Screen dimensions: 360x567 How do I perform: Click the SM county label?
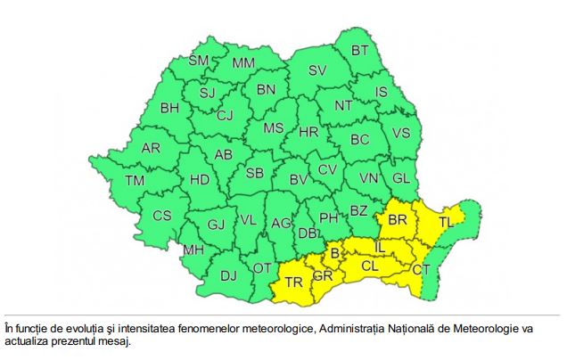click(198, 61)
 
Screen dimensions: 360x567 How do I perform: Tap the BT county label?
click(359, 51)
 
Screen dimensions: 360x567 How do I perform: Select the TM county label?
click(135, 181)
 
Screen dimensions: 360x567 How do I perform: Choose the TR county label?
click(293, 282)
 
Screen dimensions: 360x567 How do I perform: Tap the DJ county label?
click(228, 275)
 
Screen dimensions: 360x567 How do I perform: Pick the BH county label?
click(169, 109)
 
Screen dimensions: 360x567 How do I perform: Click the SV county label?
click(317, 70)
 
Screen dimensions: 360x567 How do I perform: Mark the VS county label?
click(401, 134)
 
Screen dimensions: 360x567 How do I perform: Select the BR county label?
click(398, 218)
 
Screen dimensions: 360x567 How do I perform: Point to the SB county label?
click(255, 173)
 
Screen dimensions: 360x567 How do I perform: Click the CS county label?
click(161, 215)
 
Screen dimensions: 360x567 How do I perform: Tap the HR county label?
click(308, 132)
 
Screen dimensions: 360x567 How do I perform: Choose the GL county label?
click(401, 177)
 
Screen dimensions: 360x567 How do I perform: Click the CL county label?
click(370, 265)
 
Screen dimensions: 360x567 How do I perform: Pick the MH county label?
click(193, 250)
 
